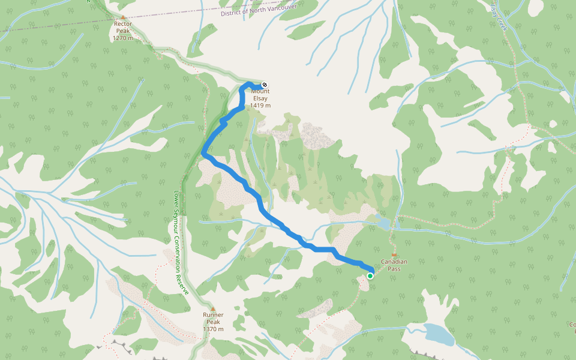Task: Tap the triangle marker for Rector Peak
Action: tap(123, 17)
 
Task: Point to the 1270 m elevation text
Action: tap(123, 38)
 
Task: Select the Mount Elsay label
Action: tap(260, 95)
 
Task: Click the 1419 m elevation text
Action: tap(260, 106)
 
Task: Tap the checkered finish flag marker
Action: tap(264, 85)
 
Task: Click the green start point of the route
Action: tap(370, 276)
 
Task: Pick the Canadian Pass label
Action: tap(394, 265)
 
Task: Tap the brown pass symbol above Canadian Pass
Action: tap(394, 255)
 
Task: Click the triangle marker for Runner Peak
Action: tap(212, 309)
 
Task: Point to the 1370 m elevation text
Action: tap(213, 329)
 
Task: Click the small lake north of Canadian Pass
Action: tap(383, 224)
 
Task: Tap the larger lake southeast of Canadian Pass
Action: tap(439, 334)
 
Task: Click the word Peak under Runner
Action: tap(213, 322)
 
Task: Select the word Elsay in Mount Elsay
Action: tap(260, 98)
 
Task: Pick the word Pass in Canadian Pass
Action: tap(394, 269)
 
